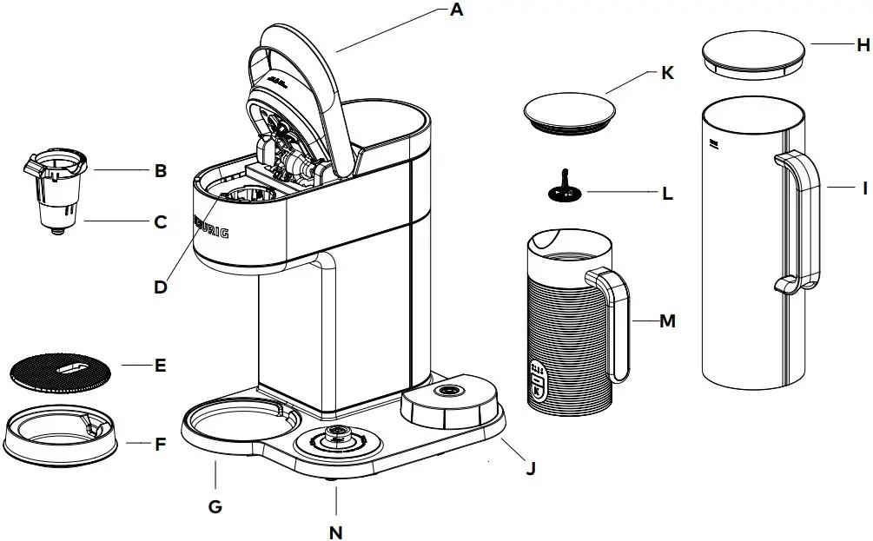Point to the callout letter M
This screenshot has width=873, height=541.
tap(667, 321)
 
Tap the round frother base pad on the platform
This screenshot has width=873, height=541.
tap(447, 402)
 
